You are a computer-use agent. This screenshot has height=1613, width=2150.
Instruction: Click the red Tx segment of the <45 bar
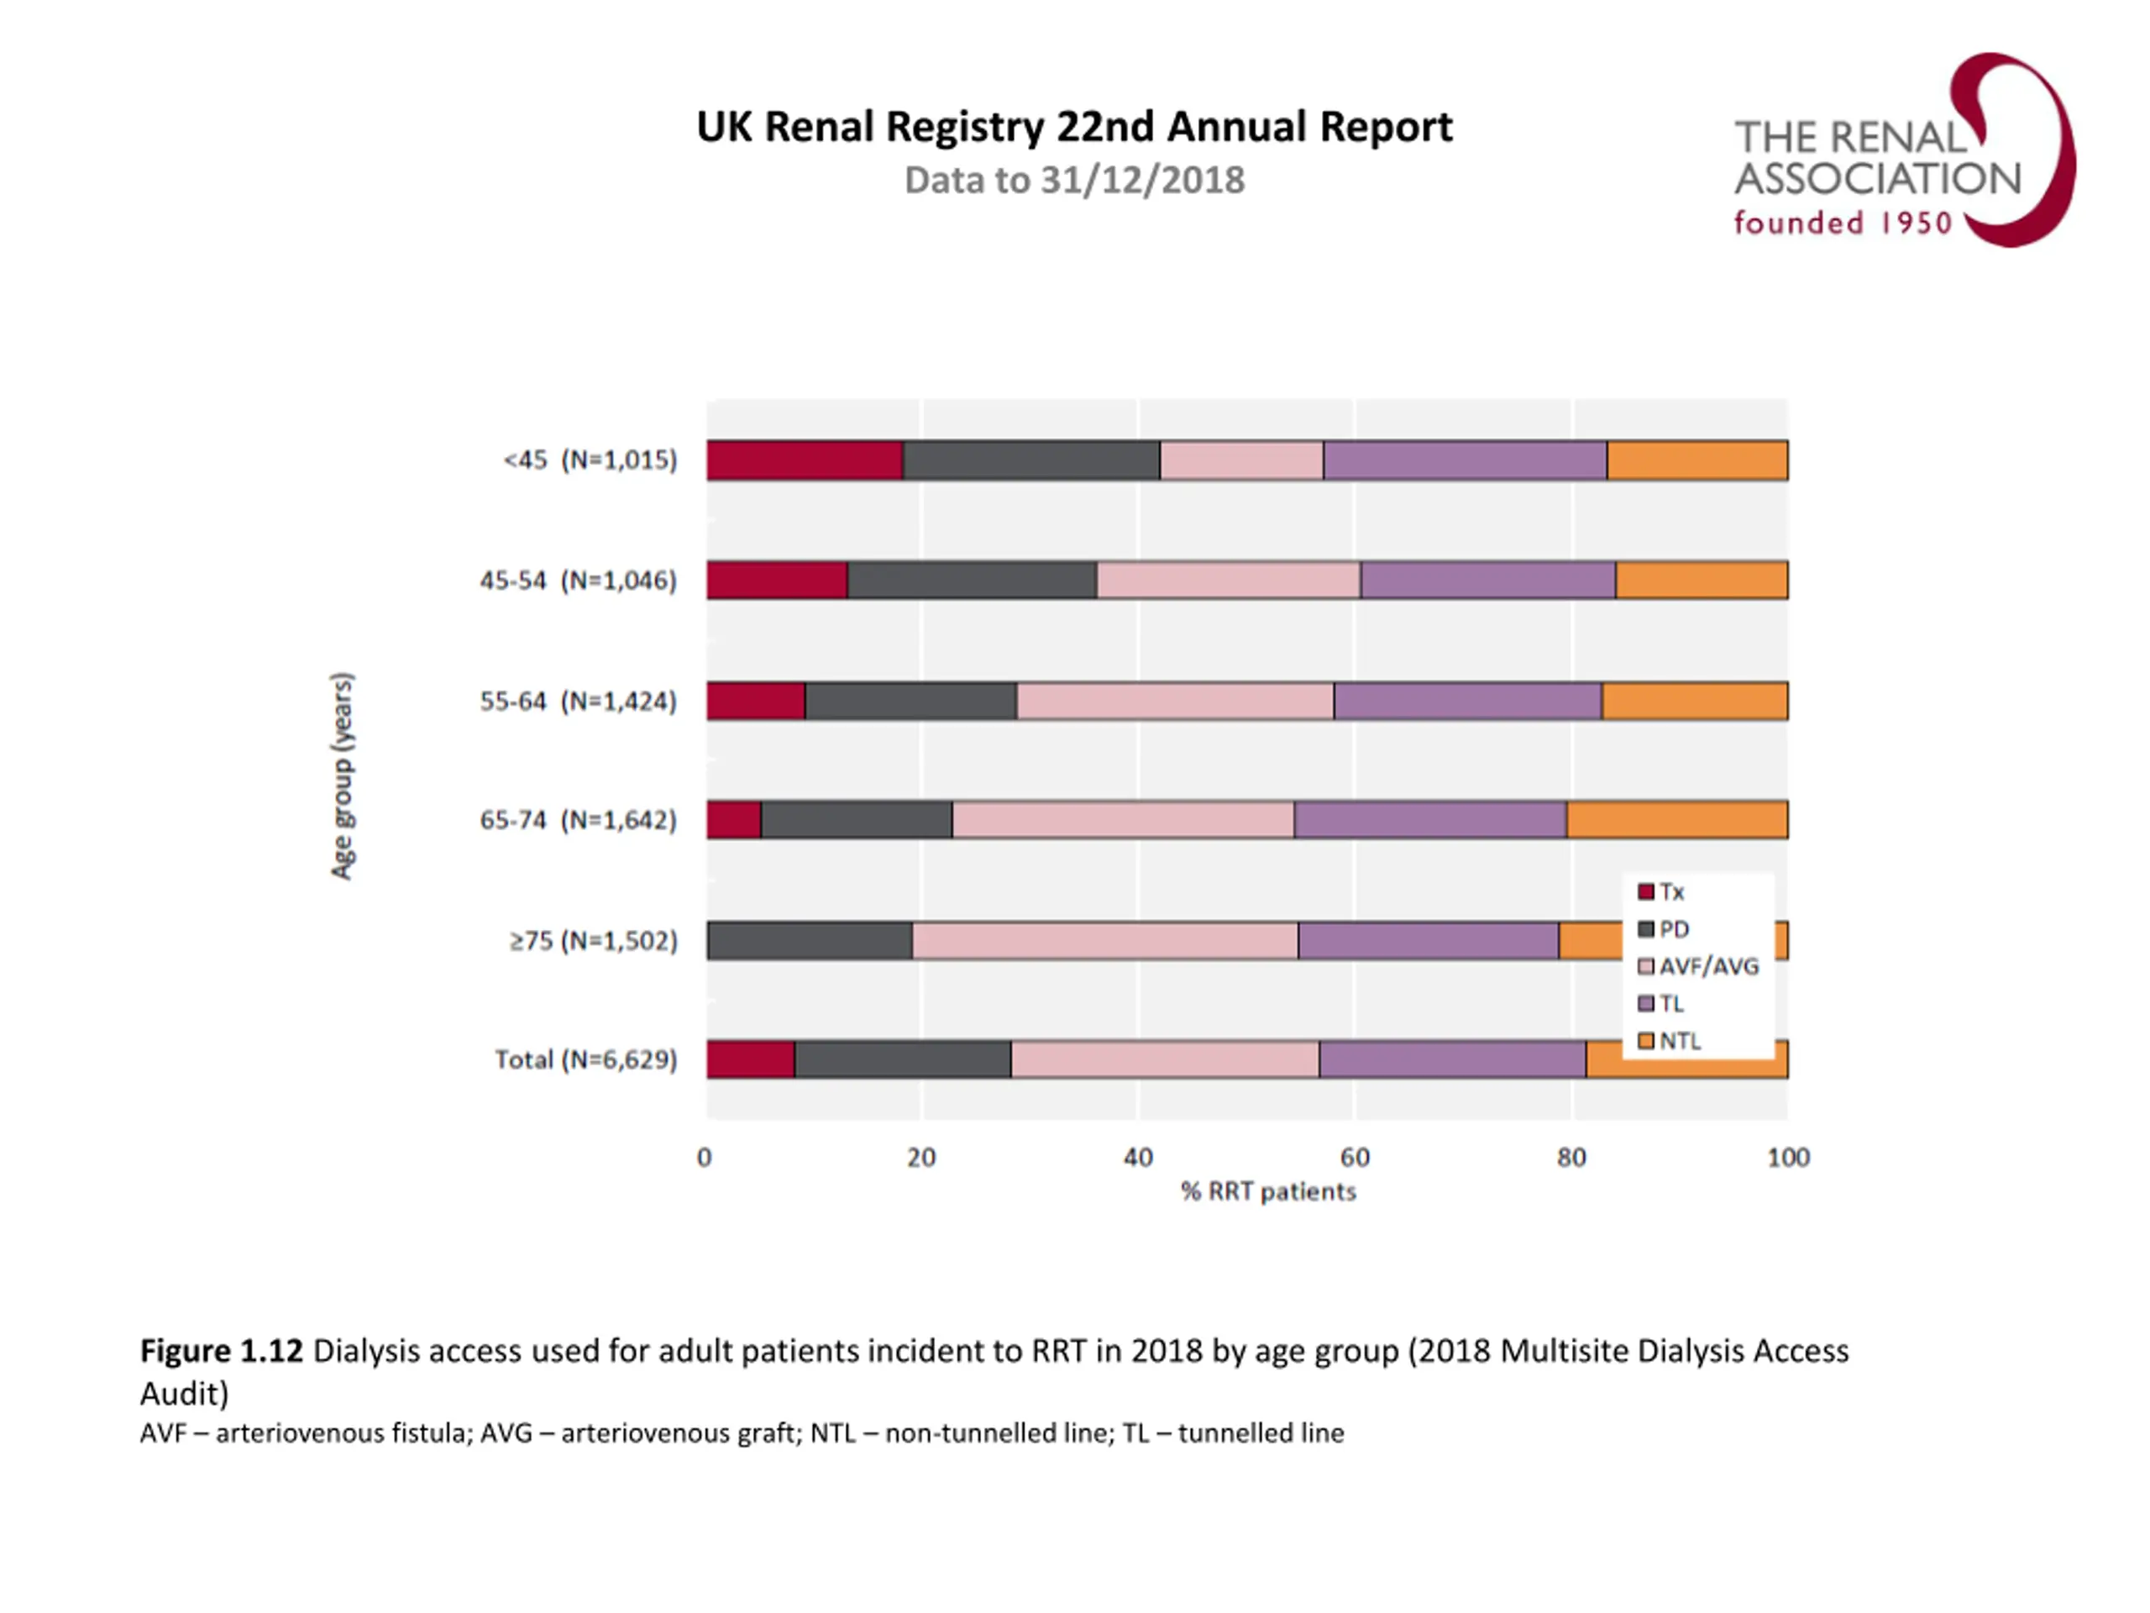click(x=804, y=460)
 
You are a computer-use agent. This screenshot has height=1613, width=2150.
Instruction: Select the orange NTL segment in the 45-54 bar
click(x=1701, y=581)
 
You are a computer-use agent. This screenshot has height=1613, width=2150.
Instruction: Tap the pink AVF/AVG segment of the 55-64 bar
click(x=1174, y=701)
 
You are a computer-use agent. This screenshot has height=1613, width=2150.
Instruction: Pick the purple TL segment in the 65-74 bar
click(x=1429, y=820)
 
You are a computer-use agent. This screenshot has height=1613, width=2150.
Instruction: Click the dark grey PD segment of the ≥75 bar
click(x=810, y=940)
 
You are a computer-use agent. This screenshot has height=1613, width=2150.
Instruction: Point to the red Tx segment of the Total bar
click(x=750, y=1059)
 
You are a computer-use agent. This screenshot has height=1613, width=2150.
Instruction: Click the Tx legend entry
click(x=1661, y=891)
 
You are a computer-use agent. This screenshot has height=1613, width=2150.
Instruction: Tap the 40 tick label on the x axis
click(x=1138, y=1158)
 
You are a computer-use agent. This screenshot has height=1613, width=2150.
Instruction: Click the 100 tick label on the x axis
click(x=1787, y=1158)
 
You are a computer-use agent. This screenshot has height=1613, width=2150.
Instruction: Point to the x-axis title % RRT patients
click(x=1267, y=1192)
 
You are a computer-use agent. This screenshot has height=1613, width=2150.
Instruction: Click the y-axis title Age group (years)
click(x=342, y=776)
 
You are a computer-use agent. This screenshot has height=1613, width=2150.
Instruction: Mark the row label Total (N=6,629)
click(x=585, y=1059)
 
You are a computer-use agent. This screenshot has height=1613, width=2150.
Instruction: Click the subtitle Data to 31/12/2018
click(x=1074, y=181)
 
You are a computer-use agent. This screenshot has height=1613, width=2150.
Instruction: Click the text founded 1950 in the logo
click(x=1843, y=223)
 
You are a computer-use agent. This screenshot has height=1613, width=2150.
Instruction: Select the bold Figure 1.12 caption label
click(x=222, y=1352)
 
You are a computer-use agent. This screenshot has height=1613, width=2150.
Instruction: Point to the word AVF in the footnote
click(x=160, y=1433)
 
